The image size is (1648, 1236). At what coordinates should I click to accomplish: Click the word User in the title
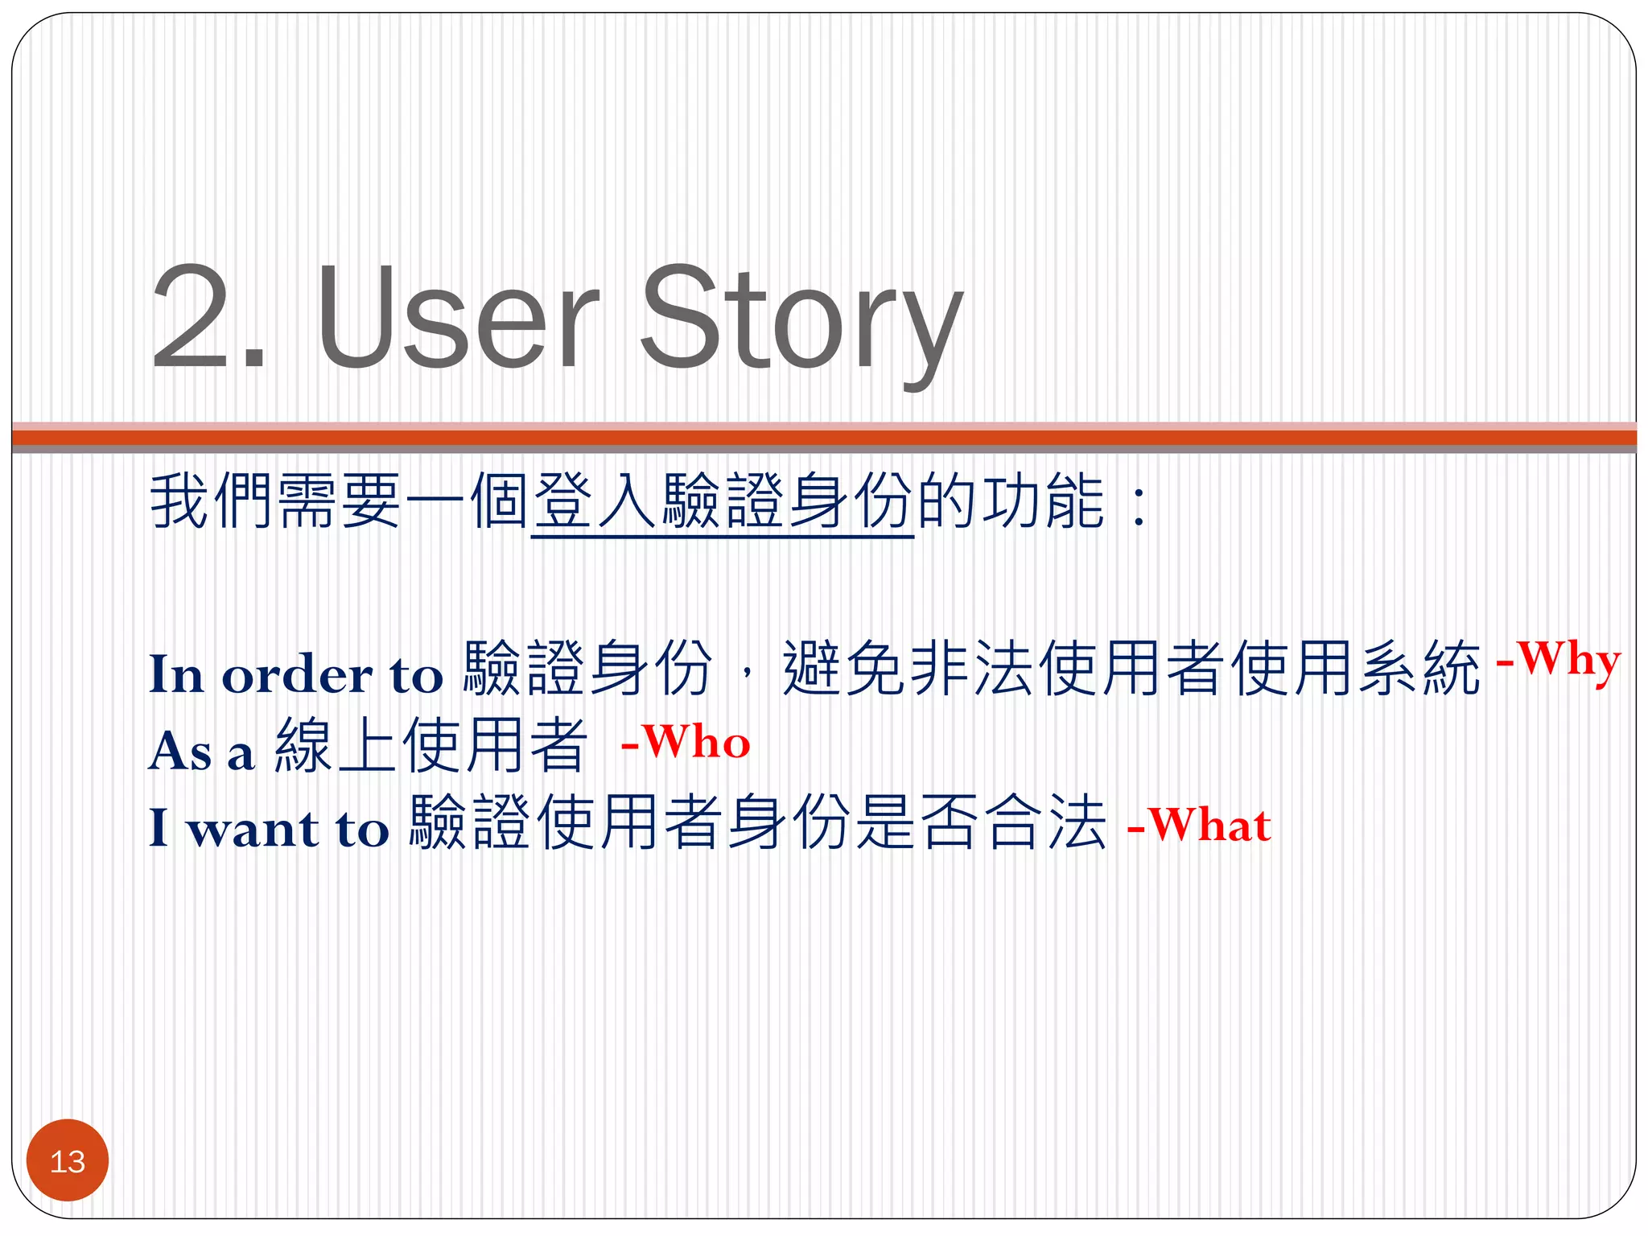tap(459, 318)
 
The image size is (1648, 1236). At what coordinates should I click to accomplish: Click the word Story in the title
tap(801, 322)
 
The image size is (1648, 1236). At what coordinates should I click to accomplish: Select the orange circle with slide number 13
tap(68, 1160)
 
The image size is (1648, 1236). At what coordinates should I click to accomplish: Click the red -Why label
tap(1558, 662)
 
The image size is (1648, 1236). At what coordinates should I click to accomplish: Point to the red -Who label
tap(686, 741)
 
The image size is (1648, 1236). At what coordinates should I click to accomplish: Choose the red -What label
tap(1199, 826)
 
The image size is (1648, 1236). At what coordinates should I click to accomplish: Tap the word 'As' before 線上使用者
tap(180, 752)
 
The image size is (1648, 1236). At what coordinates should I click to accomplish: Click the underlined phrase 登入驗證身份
tap(723, 502)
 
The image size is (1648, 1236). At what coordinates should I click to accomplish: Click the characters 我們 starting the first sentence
tap(212, 502)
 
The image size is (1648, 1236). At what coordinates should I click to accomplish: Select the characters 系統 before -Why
tap(1419, 668)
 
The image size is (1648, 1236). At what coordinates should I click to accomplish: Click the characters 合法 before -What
tap(1046, 822)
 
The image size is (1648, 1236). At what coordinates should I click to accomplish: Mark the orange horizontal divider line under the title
tap(824, 438)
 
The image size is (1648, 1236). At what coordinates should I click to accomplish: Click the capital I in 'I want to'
tap(159, 827)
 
